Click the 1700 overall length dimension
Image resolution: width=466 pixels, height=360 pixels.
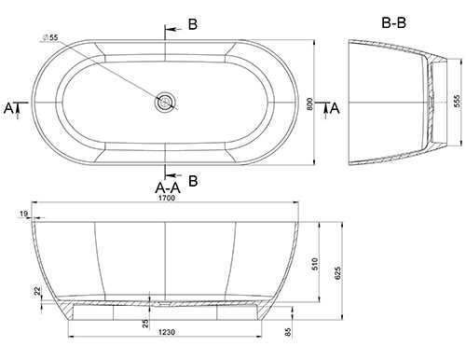click(167, 198)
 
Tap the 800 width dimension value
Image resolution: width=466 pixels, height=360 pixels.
click(309, 104)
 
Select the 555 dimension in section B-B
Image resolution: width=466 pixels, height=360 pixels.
click(457, 101)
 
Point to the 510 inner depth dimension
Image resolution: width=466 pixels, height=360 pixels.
click(315, 264)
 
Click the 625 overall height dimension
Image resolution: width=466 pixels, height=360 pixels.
click(337, 273)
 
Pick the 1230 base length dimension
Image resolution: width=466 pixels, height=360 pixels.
click(167, 332)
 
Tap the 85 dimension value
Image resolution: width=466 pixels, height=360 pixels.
click(288, 332)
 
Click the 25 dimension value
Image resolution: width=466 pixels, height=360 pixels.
click(145, 324)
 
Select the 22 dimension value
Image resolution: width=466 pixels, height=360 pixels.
click(37, 291)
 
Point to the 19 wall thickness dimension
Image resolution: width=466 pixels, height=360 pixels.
click(23, 214)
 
